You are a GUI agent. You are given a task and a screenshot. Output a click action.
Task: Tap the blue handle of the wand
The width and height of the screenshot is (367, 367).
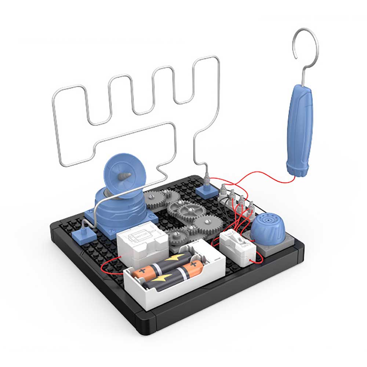(299, 128)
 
